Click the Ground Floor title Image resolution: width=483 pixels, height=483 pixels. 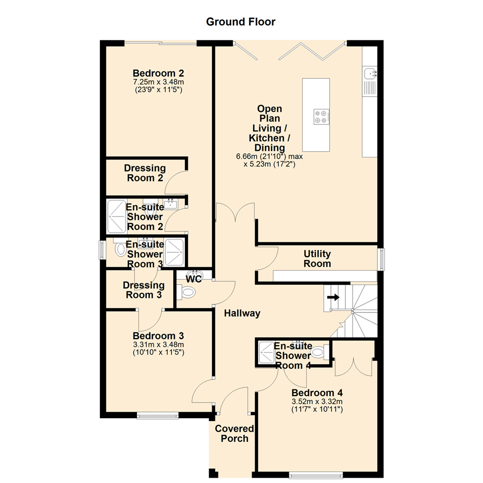pyautogui.click(x=241, y=21)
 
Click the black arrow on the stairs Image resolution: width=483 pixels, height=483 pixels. pyautogui.click(x=334, y=297)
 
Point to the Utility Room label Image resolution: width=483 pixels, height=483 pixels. pyautogui.click(x=317, y=258)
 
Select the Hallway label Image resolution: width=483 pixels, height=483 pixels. pyautogui.click(x=242, y=314)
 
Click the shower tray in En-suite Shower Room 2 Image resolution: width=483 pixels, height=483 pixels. pyautogui.click(x=117, y=216)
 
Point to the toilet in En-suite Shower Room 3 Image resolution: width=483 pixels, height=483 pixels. pyautogui.click(x=119, y=250)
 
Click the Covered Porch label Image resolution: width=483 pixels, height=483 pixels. pyautogui.click(x=234, y=433)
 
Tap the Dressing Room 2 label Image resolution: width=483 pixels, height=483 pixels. pyautogui.click(x=145, y=173)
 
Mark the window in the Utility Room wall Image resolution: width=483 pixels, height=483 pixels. pyautogui.click(x=381, y=259)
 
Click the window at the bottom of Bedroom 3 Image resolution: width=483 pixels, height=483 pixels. pyautogui.click(x=158, y=416)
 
